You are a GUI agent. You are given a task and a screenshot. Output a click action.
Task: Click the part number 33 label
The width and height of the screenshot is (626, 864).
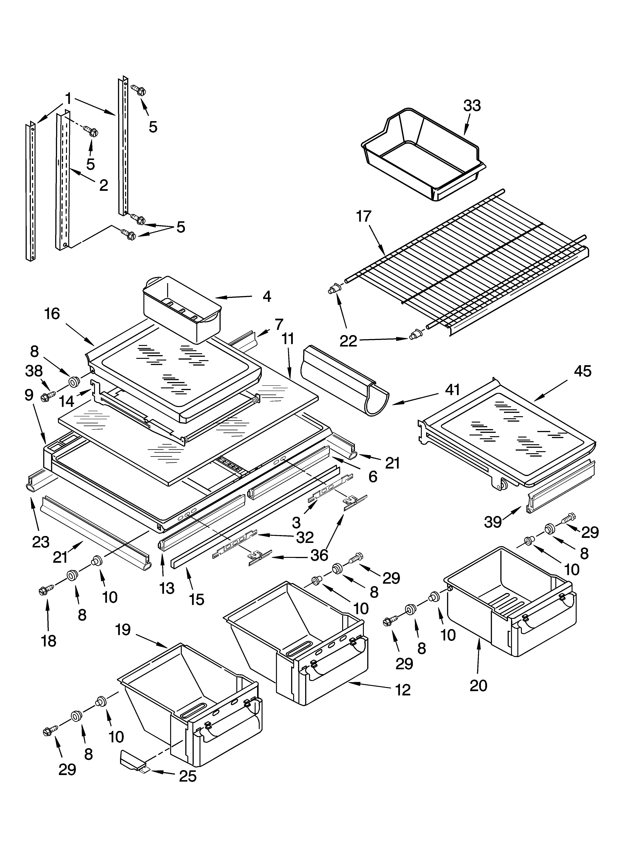click(x=472, y=106)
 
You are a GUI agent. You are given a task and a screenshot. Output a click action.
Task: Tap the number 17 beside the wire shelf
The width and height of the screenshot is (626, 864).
click(x=363, y=216)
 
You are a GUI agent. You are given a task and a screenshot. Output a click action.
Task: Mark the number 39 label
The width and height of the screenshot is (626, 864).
click(x=492, y=522)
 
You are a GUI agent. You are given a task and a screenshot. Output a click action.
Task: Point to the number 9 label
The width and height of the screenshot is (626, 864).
click(x=29, y=395)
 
